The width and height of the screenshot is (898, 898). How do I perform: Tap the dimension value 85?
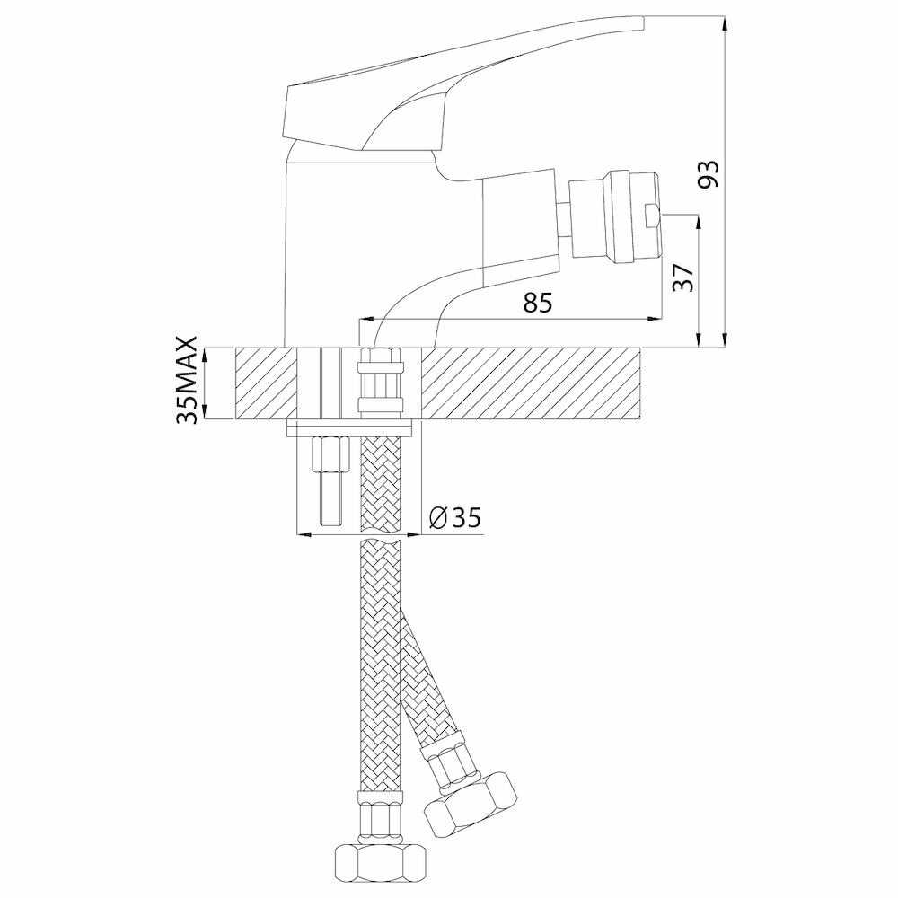click(x=537, y=304)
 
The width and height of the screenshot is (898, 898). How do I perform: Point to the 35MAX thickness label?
click(x=188, y=381)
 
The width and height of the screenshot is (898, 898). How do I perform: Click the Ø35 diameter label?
click(x=455, y=518)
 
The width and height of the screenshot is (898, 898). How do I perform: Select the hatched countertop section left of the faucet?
click(x=265, y=383)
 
